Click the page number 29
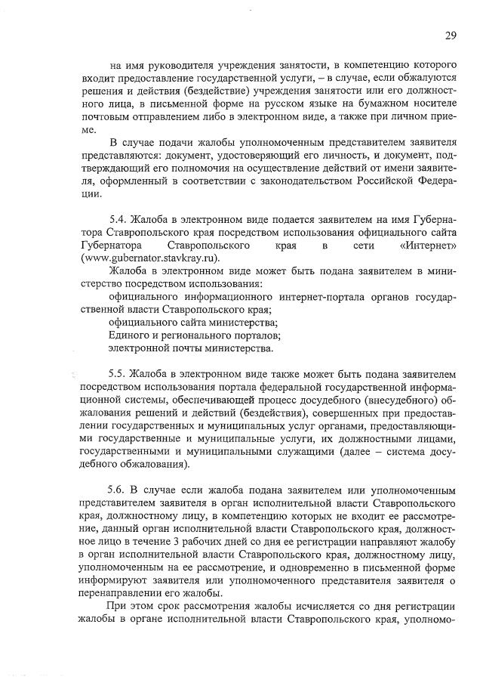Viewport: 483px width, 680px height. click(x=451, y=35)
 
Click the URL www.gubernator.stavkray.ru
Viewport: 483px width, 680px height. click(x=149, y=258)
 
